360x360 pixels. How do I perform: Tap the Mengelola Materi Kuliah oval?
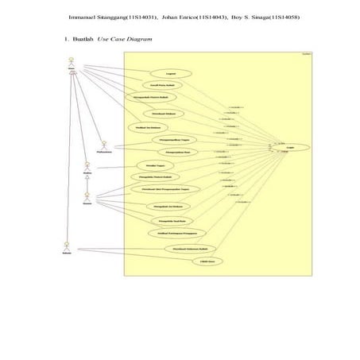[x=152, y=177]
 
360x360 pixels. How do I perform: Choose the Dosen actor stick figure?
[x=88, y=196]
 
